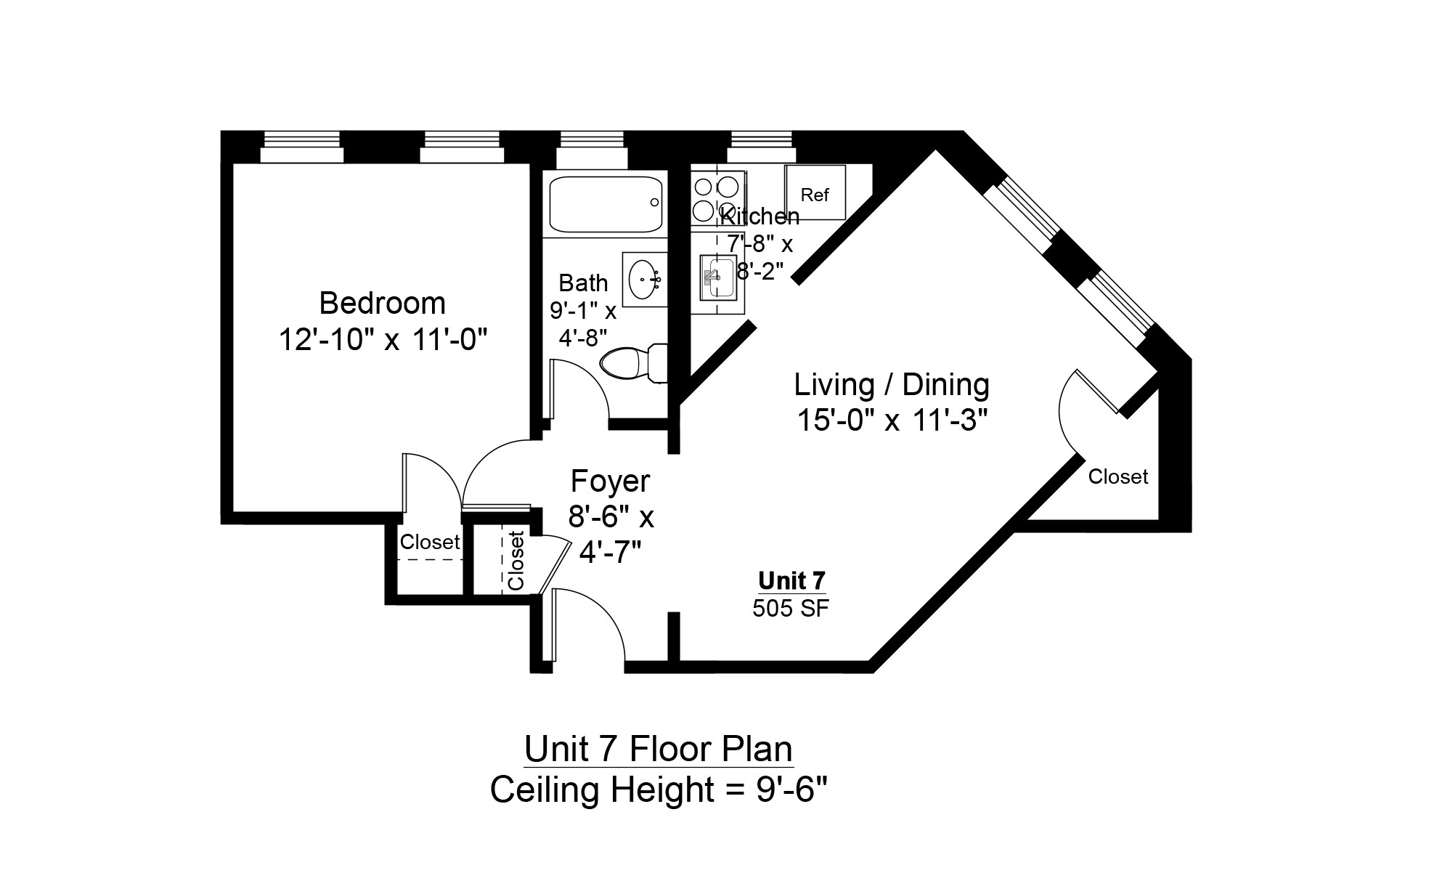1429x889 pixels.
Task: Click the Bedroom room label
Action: click(x=382, y=303)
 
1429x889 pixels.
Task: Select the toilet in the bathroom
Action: click(x=635, y=362)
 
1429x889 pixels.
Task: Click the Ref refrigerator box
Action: click(x=815, y=192)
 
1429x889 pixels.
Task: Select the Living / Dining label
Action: click(x=891, y=384)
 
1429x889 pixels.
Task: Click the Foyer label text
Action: click(x=610, y=481)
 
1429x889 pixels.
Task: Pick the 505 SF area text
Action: click(x=791, y=608)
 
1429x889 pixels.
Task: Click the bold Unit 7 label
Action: click(x=791, y=581)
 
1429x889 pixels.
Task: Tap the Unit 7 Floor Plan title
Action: click(x=659, y=749)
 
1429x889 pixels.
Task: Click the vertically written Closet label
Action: click(x=516, y=561)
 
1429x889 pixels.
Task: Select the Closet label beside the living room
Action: click(x=1118, y=476)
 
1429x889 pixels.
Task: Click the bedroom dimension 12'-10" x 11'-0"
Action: click(x=383, y=339)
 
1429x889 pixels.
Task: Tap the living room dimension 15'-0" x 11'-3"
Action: click(x=892, y=420)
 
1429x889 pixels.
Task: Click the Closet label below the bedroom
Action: click(x=430, y=542)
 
